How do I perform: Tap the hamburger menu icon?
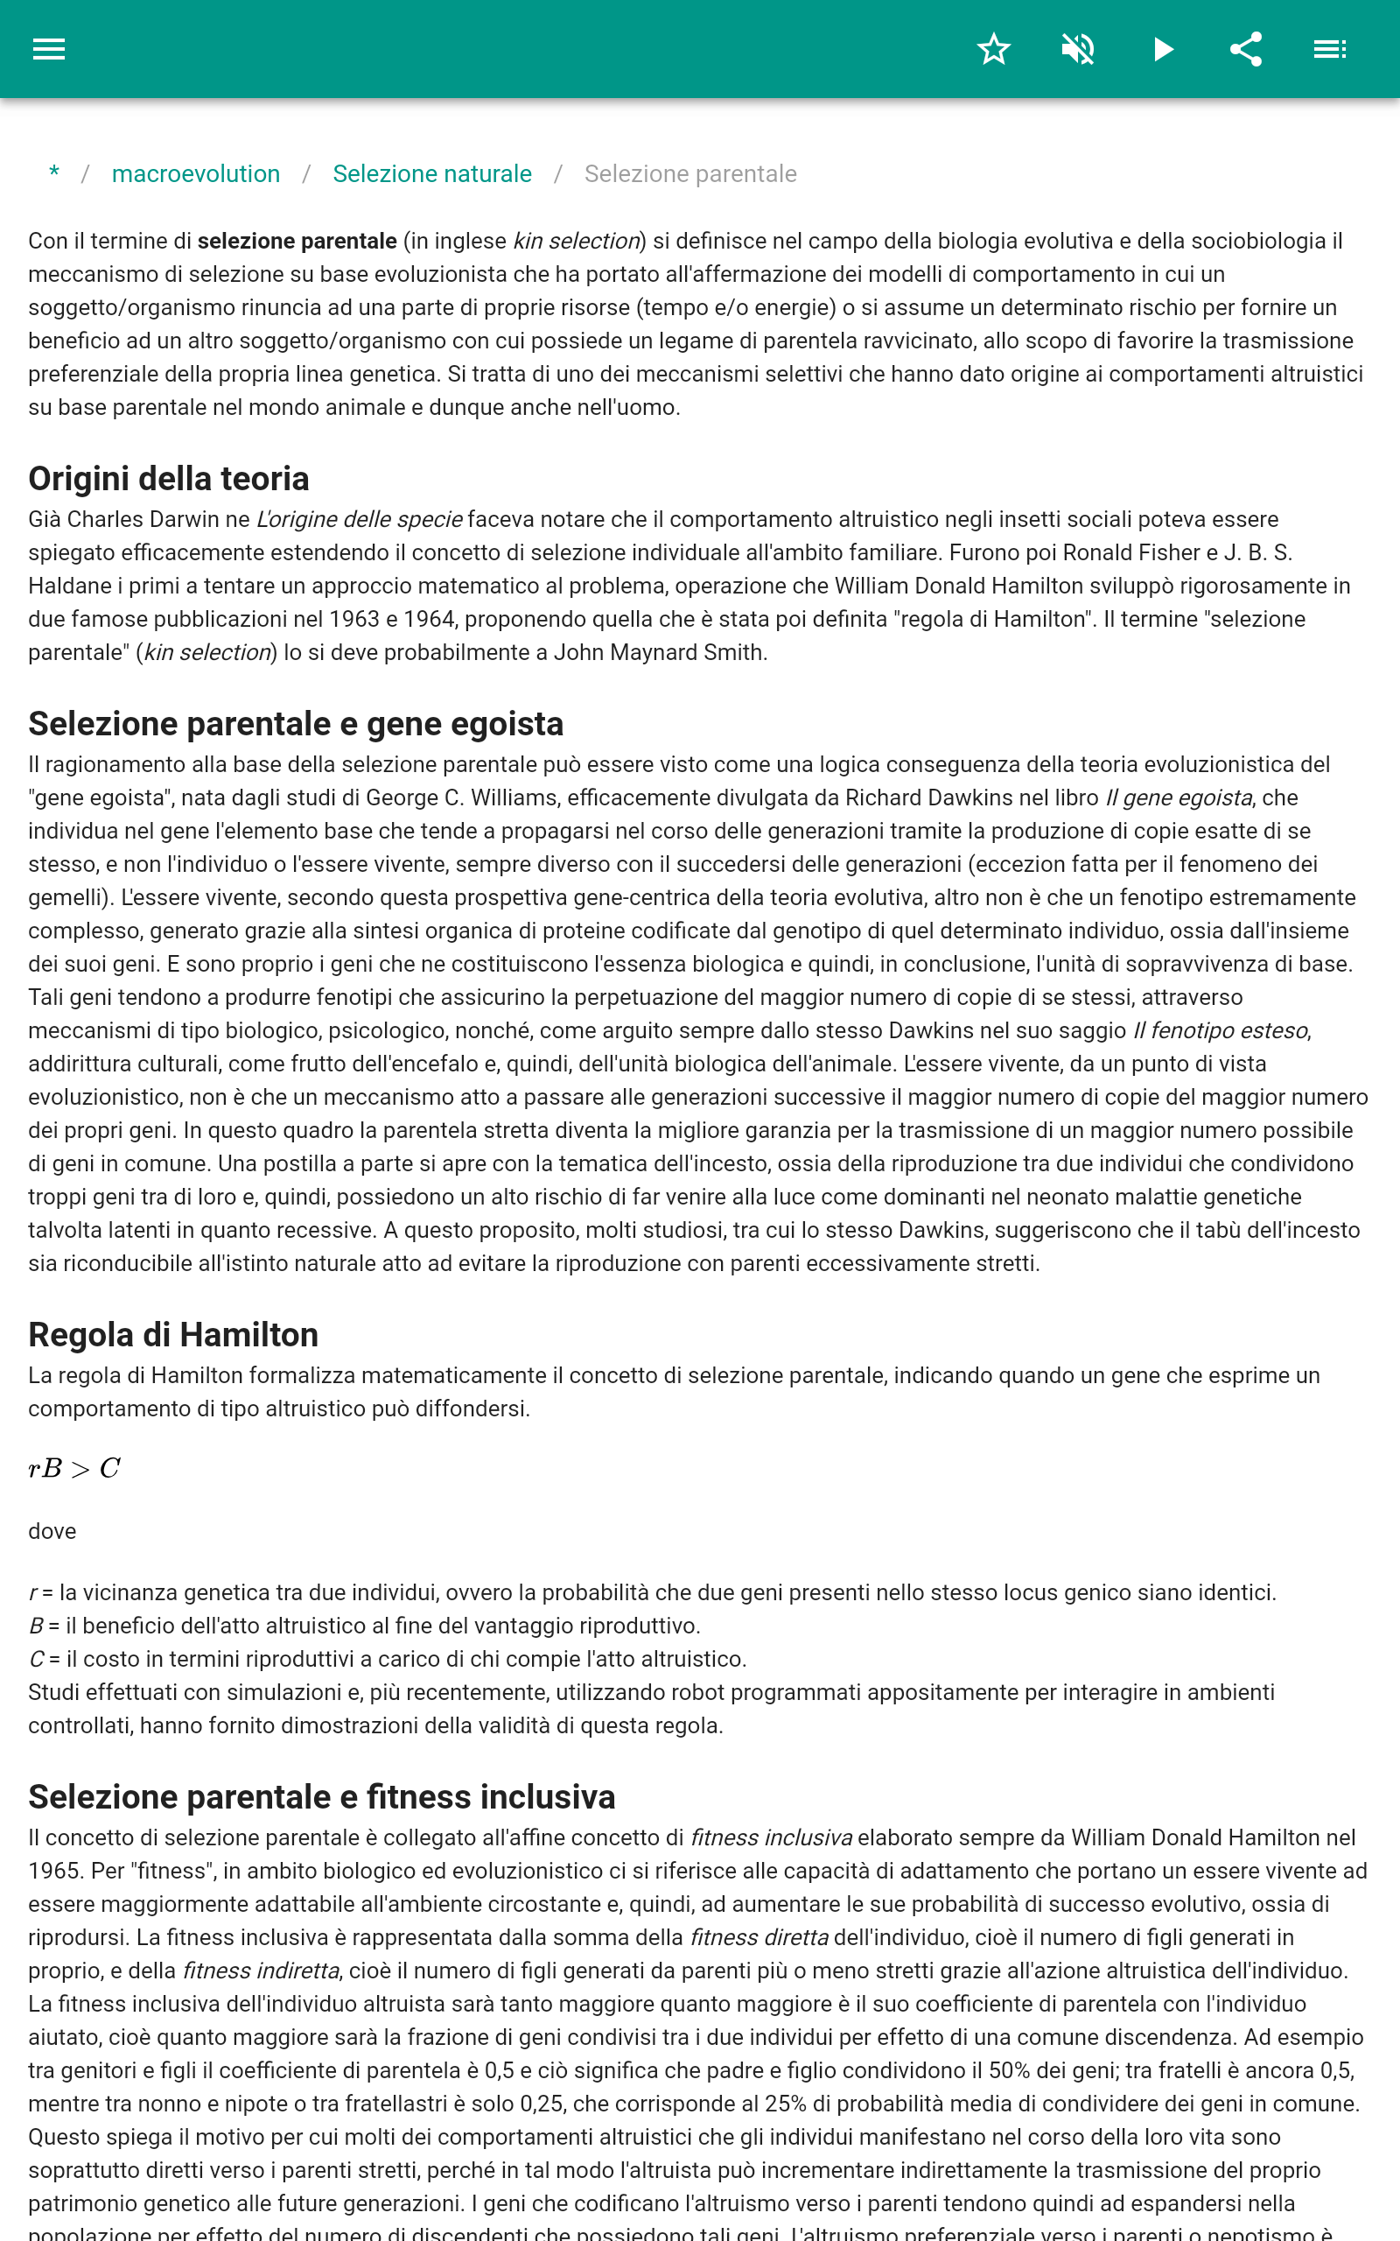(49, 49)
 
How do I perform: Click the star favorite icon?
(993, 49)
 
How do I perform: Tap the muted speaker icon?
(1078, 49)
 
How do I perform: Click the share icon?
(1246, 49)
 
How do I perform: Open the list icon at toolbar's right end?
(1330, 49)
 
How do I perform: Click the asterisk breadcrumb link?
(54, 173)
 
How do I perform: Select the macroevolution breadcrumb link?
(195, 174)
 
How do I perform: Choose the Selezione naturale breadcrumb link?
(431, 174)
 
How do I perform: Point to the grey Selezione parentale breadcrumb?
(689, 174)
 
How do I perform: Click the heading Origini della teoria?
(169, 479)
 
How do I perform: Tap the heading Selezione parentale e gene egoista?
(296, 724)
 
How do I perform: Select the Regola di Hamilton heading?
(173, 1335)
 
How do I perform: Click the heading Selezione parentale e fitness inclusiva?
(321, 1797)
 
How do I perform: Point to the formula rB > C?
(74, 1469)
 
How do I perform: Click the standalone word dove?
(52, 1532)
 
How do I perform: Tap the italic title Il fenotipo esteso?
(1221, 1030)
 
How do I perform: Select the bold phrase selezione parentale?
(297, 242)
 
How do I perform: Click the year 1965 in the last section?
(53, 1872)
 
